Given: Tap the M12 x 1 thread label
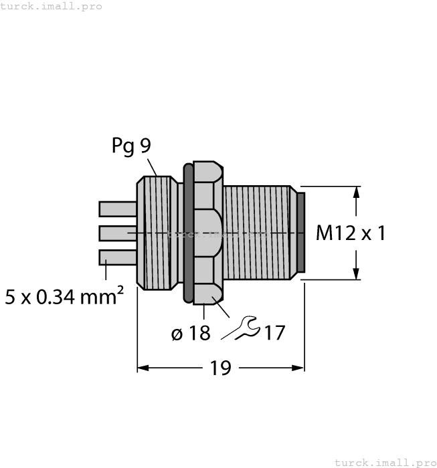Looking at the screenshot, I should point(351,233).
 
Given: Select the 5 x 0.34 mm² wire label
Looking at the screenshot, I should point(64,296).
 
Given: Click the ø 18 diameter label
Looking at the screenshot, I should point(190,332).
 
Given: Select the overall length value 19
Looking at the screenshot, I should point(220,368).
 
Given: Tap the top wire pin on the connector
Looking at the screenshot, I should point(117,209).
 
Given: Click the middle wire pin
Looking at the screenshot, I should point(117,233).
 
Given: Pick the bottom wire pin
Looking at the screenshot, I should point(117,257).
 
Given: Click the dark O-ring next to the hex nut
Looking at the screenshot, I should point(187,233).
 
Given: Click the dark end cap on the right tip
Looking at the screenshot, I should point(300,233).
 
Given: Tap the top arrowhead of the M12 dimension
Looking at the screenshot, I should point(356,192).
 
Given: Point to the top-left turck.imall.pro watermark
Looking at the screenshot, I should point(52,6).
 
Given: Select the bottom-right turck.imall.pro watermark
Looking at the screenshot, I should point(384,462).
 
